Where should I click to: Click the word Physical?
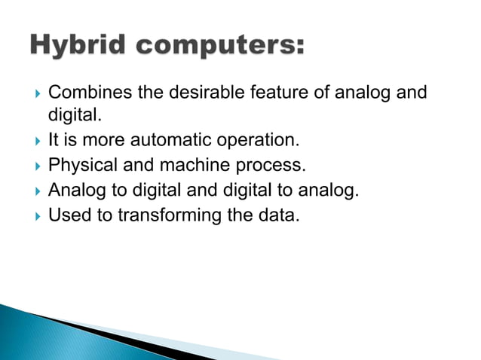[78, 166]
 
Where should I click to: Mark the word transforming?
[161, 215]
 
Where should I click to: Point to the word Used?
[66, 215]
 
